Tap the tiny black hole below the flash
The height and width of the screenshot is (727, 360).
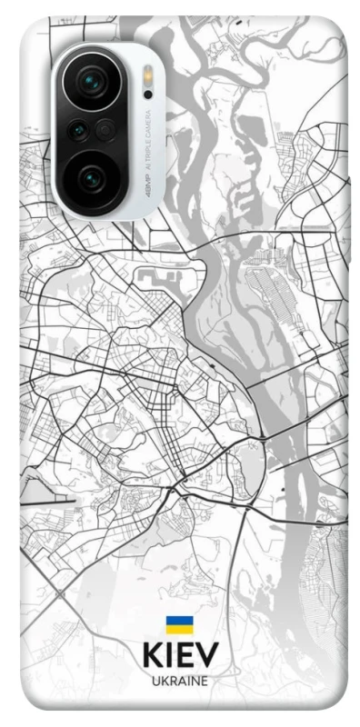tap(147, 94)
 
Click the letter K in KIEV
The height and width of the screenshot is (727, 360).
tap(151, 655)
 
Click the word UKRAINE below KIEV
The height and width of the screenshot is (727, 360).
tap(179, 680)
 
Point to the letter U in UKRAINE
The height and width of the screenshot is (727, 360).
tap(155, 680)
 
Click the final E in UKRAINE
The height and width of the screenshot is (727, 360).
tap(205, 680)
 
